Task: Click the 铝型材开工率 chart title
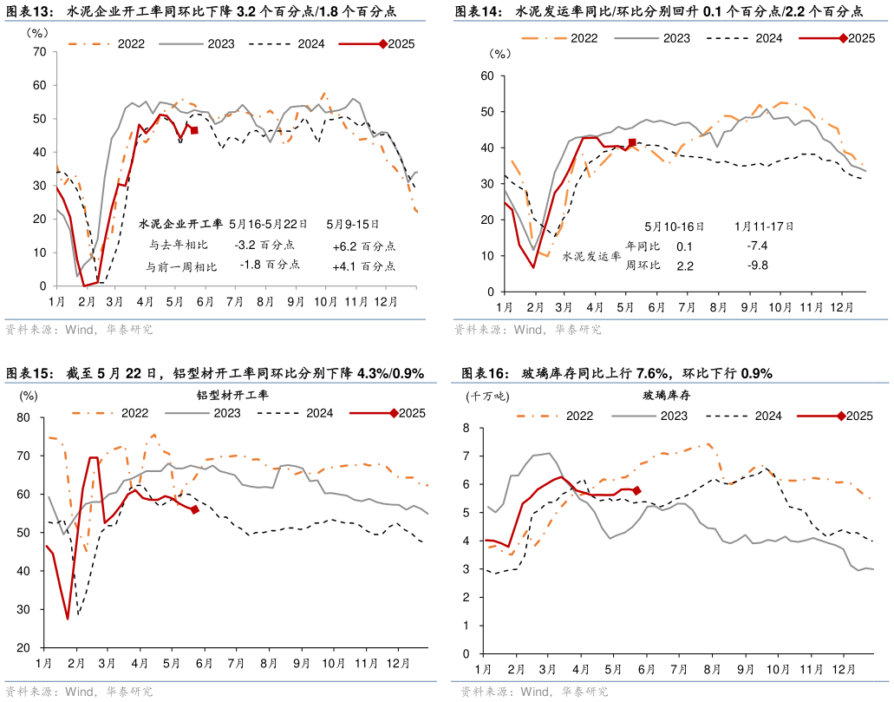232,395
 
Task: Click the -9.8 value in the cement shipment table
757,266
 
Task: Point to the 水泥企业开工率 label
180,224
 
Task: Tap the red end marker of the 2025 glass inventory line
636,490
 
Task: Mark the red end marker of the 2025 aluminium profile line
195,510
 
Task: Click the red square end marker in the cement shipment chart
632,142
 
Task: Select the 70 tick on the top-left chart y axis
38,52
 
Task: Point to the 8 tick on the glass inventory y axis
466,428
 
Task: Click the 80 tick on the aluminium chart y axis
23,417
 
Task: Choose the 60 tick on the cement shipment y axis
487,75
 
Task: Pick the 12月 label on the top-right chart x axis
839,307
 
